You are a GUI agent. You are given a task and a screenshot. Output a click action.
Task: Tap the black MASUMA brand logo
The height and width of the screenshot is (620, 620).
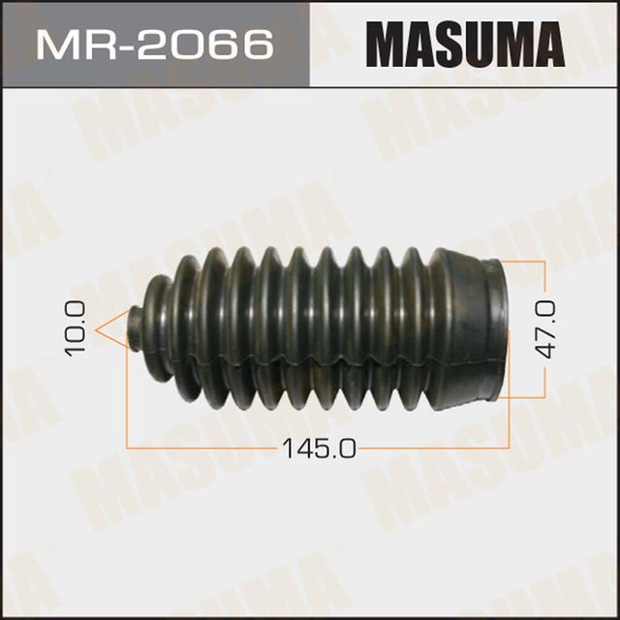point(464,43)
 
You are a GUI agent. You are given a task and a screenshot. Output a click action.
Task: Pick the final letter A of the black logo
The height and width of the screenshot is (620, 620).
point(544,43)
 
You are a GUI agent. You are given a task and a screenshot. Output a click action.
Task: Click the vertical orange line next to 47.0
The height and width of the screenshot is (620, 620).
point(531,329)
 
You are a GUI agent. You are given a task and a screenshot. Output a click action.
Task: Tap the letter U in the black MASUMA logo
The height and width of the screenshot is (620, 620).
point(479,43)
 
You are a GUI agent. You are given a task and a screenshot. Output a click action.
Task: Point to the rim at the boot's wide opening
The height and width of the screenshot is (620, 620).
point(500,329)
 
